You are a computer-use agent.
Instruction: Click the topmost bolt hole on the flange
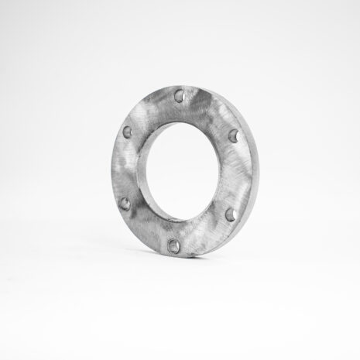pyautogui.click(x=179, y=98)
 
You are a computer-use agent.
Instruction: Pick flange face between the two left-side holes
pyautogui.click(x=123, y=169)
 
